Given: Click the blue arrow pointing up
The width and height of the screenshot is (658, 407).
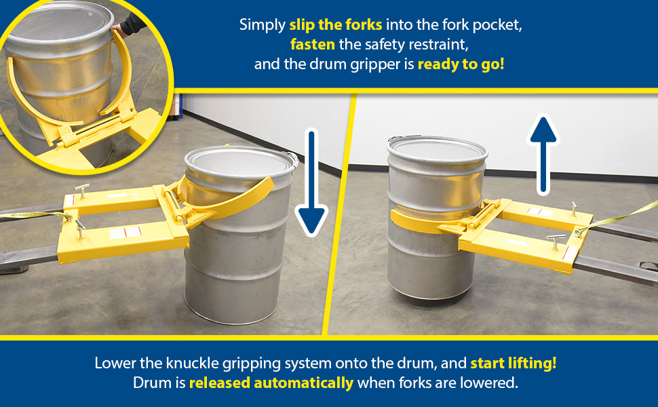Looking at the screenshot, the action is click(x=543, y=155).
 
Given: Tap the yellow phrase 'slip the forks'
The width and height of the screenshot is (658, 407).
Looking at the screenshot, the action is click(x=336, y=24).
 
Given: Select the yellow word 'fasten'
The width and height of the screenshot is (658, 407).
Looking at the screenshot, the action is click(x=313, y=44).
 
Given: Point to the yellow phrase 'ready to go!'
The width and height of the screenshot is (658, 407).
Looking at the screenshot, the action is click(x=461, y=64).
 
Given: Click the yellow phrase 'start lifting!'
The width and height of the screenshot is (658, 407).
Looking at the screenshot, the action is click(x=514, y=363).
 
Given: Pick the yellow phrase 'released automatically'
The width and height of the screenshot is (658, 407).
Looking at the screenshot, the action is click(x=271, y=383).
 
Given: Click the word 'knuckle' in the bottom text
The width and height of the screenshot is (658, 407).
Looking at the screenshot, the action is click(x=192, y=363).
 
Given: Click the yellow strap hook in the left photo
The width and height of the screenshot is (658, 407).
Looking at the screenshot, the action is click(x=66, y=216).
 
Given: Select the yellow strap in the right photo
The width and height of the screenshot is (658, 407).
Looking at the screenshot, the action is click(x=616, y=218).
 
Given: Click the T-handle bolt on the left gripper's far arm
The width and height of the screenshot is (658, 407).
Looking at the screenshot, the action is click(x=82, y=190).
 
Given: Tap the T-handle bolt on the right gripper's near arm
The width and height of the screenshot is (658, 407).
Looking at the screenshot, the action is click(x=554, y=241).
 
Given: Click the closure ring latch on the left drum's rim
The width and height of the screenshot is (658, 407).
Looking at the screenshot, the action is click(x=294, y=160).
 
